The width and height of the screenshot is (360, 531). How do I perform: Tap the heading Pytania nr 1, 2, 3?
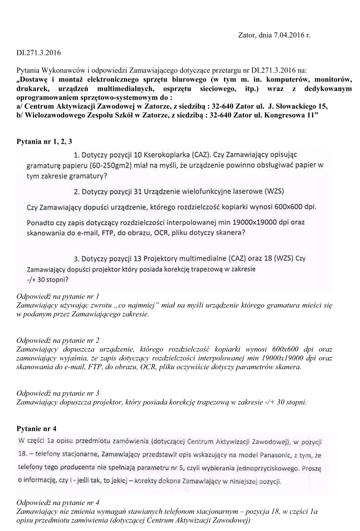click(44, 141)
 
